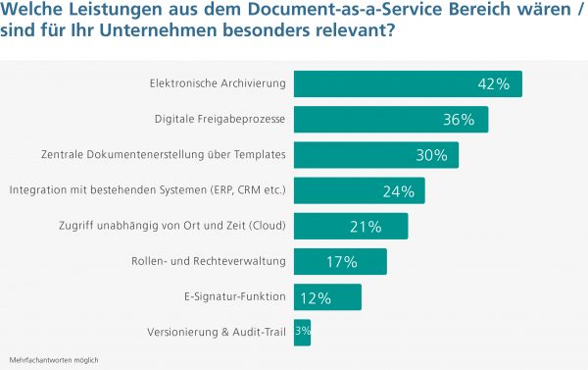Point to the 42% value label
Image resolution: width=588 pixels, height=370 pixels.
click(493, 84)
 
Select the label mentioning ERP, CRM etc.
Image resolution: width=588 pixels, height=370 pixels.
click(147, 190)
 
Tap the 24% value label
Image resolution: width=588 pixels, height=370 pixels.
click(397, 191)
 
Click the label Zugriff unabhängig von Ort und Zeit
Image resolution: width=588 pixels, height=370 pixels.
click(172, 226)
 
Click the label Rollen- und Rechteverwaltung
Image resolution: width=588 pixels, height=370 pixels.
click(209, 261)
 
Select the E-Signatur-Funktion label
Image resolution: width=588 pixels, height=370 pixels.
click(234, 296)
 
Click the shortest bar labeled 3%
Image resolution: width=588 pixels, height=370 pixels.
click(302, 332)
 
